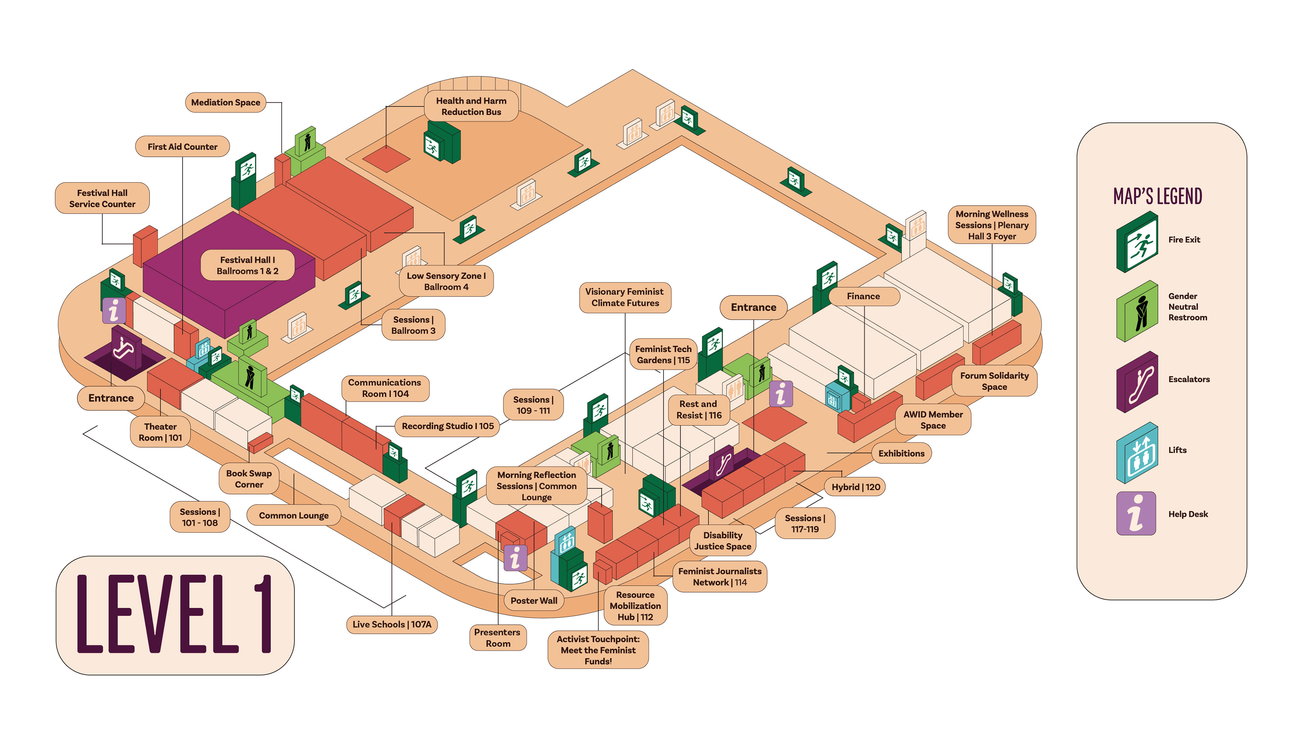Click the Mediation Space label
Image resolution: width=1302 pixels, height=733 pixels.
coord(225,102)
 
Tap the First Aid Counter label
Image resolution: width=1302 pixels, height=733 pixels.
coord(182,147)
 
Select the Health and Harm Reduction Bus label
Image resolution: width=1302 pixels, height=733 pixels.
coord(471,106)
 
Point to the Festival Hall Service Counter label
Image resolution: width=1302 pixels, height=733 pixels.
coord(102,198)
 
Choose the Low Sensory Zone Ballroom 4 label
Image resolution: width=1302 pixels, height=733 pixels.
coord(446,281)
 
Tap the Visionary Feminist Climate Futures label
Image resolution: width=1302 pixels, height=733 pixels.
coord(625,298)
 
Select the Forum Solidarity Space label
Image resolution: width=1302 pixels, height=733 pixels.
coord(994,381)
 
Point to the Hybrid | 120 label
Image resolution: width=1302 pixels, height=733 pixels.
coord(856,487)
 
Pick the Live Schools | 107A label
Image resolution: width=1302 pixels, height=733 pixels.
coord(392,624)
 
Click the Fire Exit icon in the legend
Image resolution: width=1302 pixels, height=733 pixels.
coord(1137,242)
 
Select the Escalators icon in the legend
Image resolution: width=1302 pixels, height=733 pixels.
coord(1137,382)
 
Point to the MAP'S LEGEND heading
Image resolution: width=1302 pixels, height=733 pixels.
coord(1158,196)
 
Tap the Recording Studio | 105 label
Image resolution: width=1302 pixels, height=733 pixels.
coord(448,426)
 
